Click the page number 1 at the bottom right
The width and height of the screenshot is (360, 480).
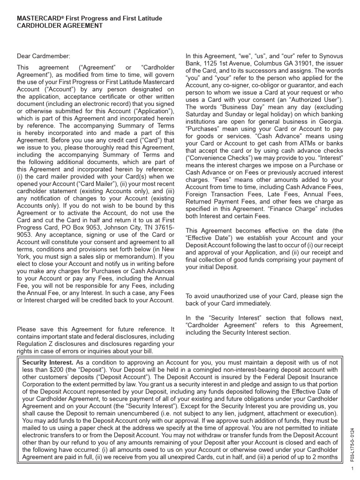coord(352,468)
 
